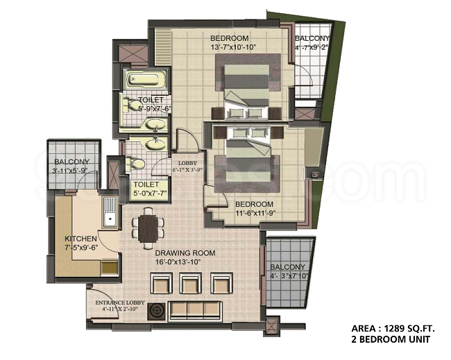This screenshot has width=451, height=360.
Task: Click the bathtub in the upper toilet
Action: [145, 79]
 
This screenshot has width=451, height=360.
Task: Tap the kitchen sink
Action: [110, 212]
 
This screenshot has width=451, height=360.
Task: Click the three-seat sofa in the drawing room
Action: [195, 311]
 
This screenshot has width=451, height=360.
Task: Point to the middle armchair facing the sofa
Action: [190, 283]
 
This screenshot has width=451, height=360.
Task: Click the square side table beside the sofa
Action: [157, 311]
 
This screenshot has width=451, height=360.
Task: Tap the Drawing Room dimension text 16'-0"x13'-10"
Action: [178, 262]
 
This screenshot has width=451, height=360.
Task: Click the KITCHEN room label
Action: [80, 239]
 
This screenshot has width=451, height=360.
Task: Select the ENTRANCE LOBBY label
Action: [120, 302]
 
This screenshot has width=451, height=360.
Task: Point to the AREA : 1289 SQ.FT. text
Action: [393, 328]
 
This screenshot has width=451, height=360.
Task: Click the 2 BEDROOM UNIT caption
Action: [391, 339]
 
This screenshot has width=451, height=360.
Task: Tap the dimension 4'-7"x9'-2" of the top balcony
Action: [312, 47]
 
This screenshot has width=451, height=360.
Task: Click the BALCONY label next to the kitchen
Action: [72, 162]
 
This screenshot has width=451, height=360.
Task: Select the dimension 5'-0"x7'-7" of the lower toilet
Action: [150, 193]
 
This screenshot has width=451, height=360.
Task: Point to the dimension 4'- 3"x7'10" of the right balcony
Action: [289, 276]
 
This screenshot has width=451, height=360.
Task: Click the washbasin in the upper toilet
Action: [155, 124]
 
